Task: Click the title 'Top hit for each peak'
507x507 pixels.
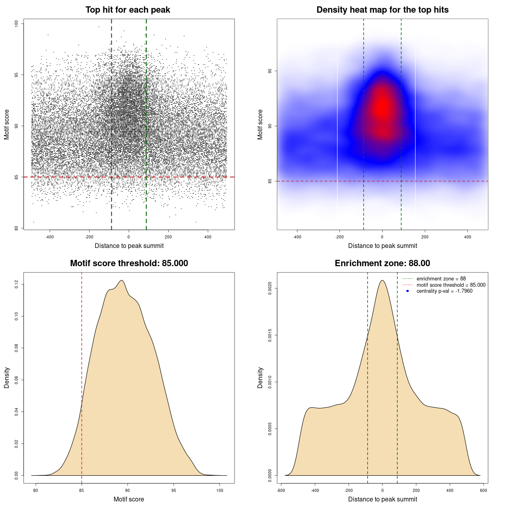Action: (x=128, y=10)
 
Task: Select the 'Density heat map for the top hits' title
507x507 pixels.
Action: (x=382, y=10)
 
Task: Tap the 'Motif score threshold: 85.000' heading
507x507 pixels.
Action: (x=129, y=263)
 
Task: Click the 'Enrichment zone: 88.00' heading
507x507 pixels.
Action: (x=382, y=263)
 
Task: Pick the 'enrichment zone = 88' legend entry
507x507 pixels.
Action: (x=441, y=279)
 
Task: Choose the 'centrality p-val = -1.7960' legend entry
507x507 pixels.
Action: (x=444, y=291)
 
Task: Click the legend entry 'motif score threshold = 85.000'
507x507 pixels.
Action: (x=451, y=285)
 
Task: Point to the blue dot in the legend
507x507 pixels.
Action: (x=408, y=291)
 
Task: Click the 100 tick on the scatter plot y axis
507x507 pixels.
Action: (x=17, y=24)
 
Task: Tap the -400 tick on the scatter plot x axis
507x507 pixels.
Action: (x=50, y=237)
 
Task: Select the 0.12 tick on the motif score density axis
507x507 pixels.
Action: (x=17, y=284)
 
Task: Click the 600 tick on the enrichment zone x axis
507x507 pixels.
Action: (x=484, y=490)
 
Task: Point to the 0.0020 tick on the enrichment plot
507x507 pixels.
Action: (x=270, y=288)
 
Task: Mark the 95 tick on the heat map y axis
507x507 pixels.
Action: (x=270, y=71)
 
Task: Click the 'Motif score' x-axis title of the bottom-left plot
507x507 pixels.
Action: (x=129, y=499)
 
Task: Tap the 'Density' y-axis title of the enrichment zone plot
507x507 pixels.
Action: (x=260, y=377)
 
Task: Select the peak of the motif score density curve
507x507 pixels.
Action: (x=122, y=280)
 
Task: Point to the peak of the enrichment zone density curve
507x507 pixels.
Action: (x=382, y=280)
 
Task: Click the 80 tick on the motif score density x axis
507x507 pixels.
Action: (x=36, y=490)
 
